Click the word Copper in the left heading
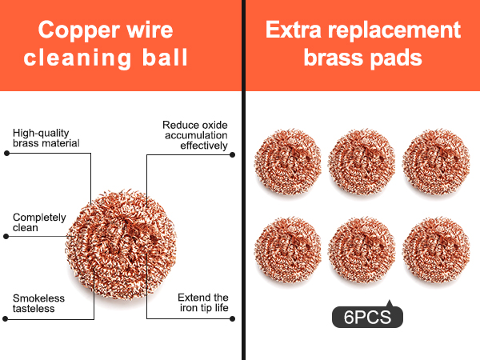(x=79, y=31)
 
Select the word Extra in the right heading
(x=294, y=30)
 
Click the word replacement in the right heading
(x=394, y=31)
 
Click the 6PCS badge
(x=367, y=316)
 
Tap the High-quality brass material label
(x=46, y=138)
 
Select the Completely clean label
(x=39, y=222)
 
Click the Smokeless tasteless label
(x=38, y=303)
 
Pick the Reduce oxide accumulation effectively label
(x=195, y=135)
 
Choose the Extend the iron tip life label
(x=203, y=302)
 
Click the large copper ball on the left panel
(x=121, y=245)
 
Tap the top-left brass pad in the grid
(x=288, y=162)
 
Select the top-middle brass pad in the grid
(x=362, y=162)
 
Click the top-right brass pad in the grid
(x=436, y=162)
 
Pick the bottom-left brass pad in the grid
(x=288, y=250)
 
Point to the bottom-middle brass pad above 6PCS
(x=362, y=250)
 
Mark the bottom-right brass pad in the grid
(x=436, y=250)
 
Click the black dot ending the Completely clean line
(x=6, y=236)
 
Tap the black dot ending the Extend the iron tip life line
(x=232, y=318)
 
